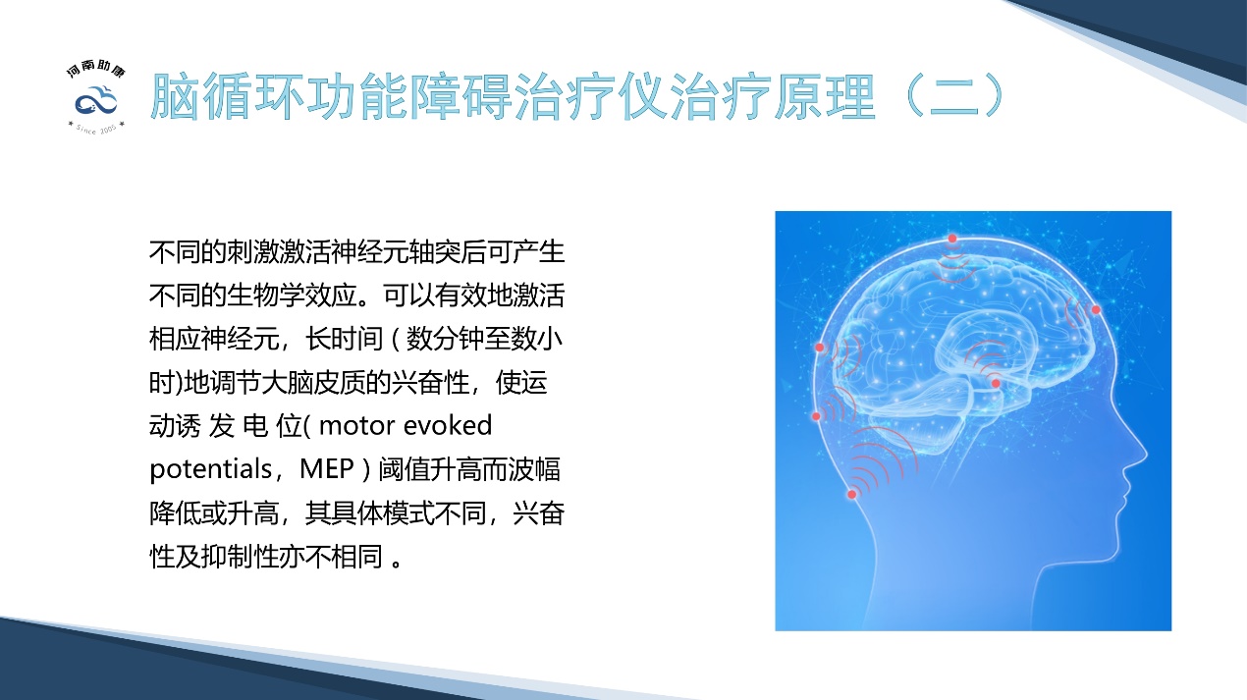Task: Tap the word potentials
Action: (x=207, y=469)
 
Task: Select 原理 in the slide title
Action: (x=829, y=95)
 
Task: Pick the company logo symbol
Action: (x=96, y=101)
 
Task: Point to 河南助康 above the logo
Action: (x=96, y=70)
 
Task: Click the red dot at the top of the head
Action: (x=951, y=239)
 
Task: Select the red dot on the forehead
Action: (x=1096, y=310)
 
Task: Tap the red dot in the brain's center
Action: (x=995, y=383)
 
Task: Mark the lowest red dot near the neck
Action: (x=852, y=494)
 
